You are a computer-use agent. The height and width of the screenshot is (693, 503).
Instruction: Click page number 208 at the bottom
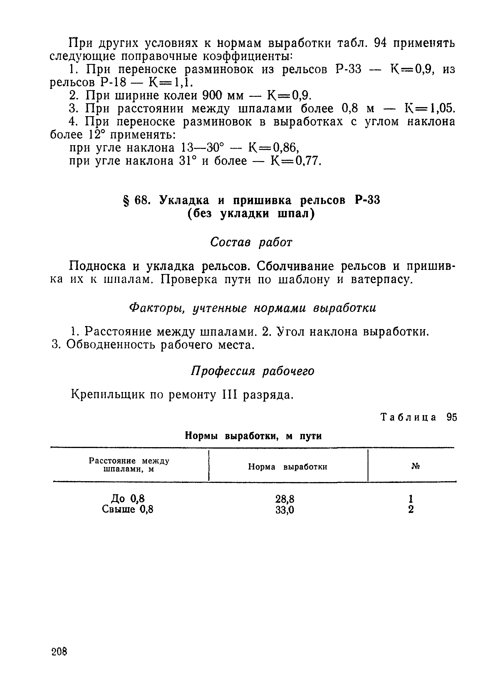[x=59, y=652]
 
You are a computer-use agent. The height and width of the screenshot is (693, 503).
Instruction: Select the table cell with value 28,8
[x=284, y=499]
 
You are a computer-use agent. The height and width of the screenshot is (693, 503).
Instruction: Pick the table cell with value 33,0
[x=284, y=510]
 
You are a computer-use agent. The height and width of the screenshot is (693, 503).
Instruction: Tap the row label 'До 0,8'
[x=128, y=499]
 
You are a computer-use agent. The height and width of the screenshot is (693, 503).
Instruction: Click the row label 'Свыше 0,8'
[x=128, y=509]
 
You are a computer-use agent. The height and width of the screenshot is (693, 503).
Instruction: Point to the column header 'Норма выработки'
[x=287, y=467]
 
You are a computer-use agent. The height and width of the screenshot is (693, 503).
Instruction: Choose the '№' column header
[x=415, y=466]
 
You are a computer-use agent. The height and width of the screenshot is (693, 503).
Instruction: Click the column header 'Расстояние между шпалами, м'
[x=129, y=465]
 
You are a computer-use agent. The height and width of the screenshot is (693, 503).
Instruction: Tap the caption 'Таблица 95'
[x=418, y=418]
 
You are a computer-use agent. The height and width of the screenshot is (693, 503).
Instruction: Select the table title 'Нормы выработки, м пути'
[x=253, y=436]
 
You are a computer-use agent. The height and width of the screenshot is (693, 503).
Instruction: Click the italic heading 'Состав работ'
[x=251, y=243]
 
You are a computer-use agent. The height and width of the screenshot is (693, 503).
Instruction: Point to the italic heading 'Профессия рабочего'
[x=253, y=371]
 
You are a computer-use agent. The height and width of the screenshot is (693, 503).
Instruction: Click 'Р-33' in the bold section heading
[x=367, y=200]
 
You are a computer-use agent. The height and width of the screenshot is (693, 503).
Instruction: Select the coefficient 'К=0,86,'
[x=274, y=148]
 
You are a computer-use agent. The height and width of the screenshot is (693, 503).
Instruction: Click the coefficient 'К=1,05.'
[x=430, y=109]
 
